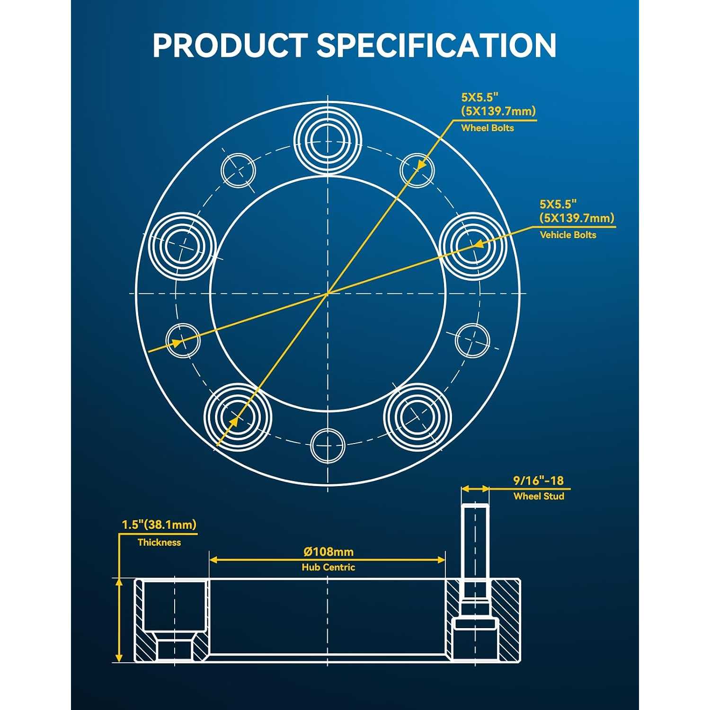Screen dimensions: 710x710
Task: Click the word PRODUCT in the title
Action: pos(230,45)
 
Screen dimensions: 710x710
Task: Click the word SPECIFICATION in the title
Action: pos(436,45)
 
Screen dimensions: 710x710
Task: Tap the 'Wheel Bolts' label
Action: pos(488,128)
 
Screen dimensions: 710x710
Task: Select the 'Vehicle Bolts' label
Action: pos(568,235)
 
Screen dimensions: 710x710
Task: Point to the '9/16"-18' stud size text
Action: pos(539,481)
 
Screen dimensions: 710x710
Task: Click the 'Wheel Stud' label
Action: pos(539,497)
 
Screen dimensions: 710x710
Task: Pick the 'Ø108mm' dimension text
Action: pos(328,552)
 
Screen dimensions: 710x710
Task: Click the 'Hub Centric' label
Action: pos(328,567)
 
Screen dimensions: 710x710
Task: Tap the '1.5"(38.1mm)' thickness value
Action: pos(159,525)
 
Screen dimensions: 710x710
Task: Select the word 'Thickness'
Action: pos(159,542)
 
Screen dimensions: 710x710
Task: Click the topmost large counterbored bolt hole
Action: pos(328,138)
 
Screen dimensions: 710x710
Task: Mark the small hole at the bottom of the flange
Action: pos(328,445)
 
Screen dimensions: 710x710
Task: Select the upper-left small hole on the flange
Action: pos(239,170)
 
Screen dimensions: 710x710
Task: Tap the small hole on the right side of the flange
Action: pos(472,340)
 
